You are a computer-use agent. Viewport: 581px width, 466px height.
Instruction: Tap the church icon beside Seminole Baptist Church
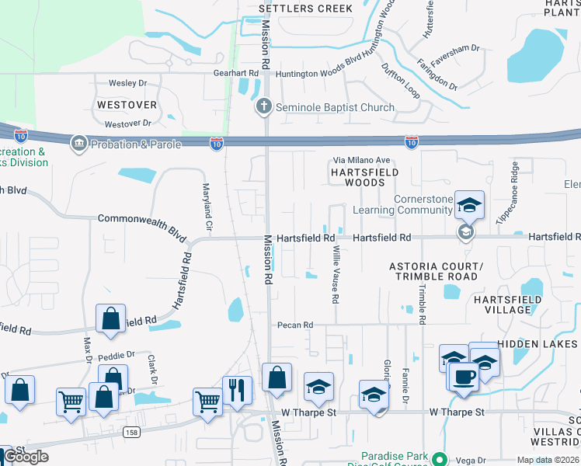264,106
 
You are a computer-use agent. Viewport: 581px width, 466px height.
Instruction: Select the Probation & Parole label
136,144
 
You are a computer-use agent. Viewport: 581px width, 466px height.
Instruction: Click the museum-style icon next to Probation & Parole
79,144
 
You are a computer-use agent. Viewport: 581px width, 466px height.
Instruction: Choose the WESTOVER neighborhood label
127,104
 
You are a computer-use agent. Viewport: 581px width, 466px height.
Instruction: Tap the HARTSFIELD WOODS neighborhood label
365,177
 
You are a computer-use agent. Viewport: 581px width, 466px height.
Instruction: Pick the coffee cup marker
464,377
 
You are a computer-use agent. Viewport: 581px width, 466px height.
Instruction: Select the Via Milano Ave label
362,160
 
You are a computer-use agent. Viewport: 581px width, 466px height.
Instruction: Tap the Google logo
25,456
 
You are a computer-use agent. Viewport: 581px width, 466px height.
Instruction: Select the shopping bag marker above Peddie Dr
110,318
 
